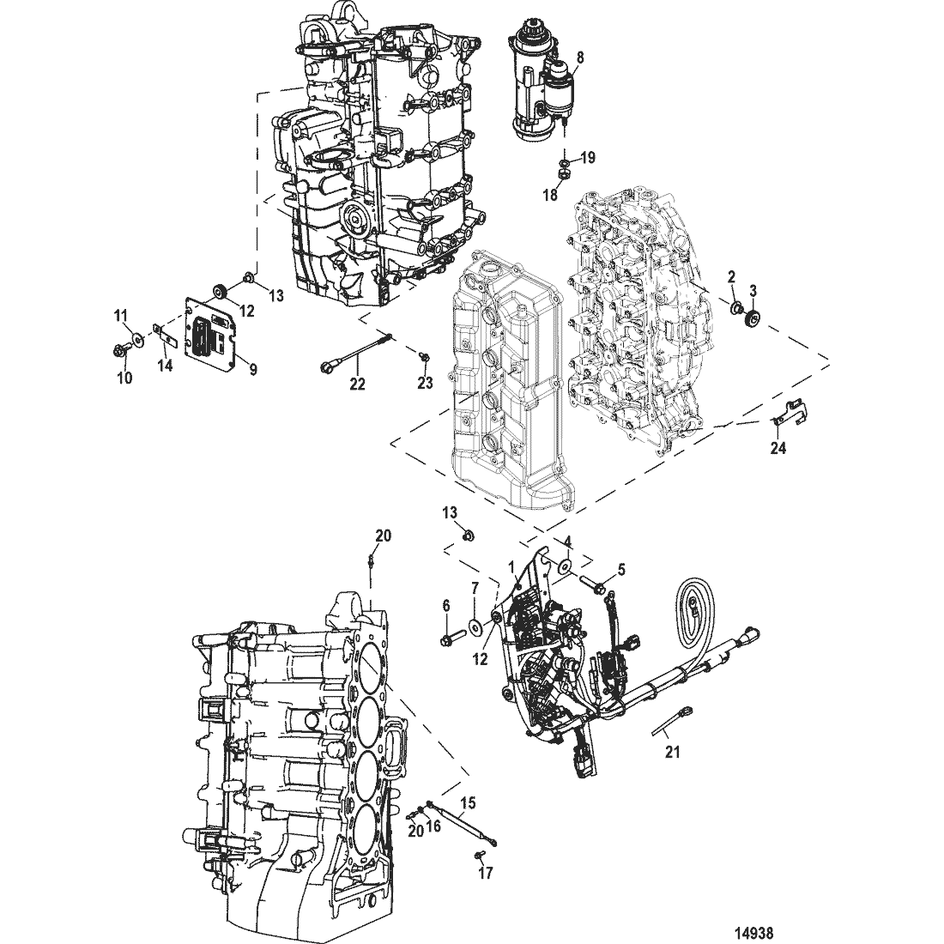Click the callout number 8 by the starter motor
point(580,57)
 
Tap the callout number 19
point(588,158)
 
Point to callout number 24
point(778,448)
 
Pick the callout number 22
point(358,384)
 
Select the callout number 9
point(253,369)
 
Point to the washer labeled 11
point(138,340)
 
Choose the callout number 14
point(165,365)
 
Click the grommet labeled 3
point(751,318)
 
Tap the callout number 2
point(731,277)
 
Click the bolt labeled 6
point(451,636)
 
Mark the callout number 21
point(673,752)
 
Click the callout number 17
point(485,873)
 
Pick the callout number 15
point(468,803)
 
